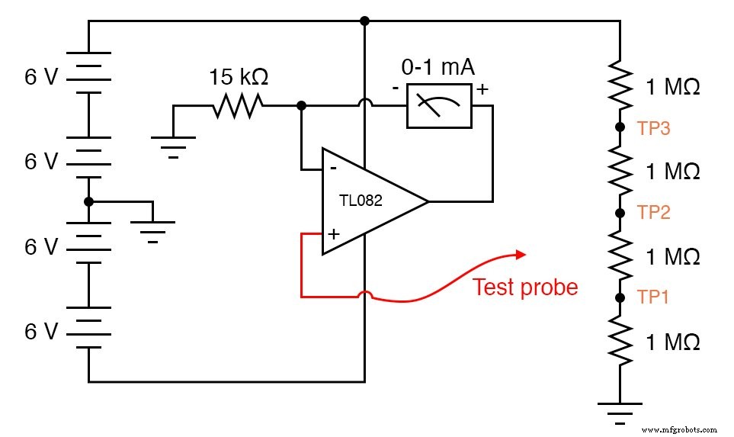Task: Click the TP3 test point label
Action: pyautogui.click(x=653, y=128)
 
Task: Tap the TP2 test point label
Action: pyautogui.click(x=653, y=213)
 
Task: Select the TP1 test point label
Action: pyautogui.click(x=653, y=297)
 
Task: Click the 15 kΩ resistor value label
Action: pyautogui.click(x=239, y=77)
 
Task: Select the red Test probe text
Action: pyautogui.click(x=525, y=287)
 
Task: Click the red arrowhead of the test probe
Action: pyautogui.click(x=520, y=254)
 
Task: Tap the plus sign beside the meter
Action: pyautogui.click(x=482, y=89)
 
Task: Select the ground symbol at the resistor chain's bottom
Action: pyautogui.click(x=619, y=413)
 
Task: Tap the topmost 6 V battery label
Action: pyautogui.click(x=41, y=78)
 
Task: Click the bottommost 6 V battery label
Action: pyautogui.click(x=41, y=332)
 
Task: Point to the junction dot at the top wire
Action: pyautogui.click(x=365, y=21)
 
